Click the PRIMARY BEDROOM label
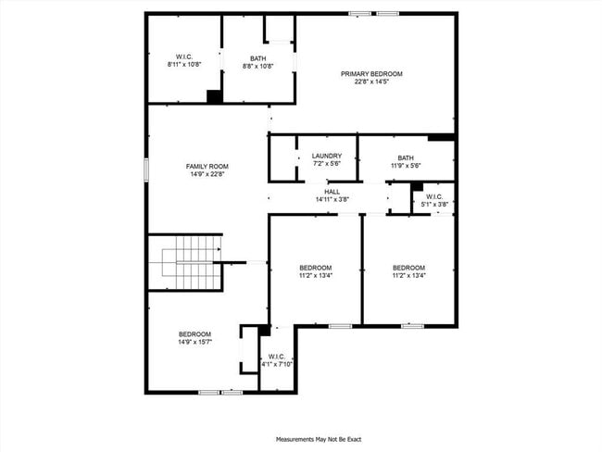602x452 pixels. click(371, 74)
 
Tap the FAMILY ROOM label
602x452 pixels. click(207, 166)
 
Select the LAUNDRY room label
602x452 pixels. click(327, 156)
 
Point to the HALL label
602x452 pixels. click(332, 192)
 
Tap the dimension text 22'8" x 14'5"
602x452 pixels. click(371, 82)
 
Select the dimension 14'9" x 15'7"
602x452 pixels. click(194, 343)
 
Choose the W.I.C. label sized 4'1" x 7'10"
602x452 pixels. click(276, 357)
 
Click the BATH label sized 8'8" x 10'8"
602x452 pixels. click(257, 58)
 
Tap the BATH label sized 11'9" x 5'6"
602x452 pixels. click(406, 157)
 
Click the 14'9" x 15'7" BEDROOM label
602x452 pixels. click(194, 334)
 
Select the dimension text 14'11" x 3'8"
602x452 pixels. click(332, 200)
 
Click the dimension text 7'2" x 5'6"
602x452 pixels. click(327, 164)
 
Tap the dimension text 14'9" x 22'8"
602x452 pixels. click(207, 174)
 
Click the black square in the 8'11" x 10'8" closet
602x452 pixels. click(214, 96)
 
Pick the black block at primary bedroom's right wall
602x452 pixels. click(441, 138)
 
